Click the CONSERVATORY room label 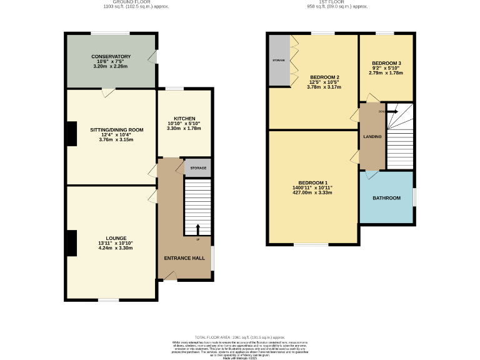click(x=111, y=56)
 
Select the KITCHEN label click(x=184, y=118)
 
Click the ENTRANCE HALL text click(x=184, y=257)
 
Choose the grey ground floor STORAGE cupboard click(x=198, y=167)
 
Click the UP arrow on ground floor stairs click(x=198, y=229)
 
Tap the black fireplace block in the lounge click(x=71, y=243)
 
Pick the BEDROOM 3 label click(x=386, y=63)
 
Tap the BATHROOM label click(x=386, y=198)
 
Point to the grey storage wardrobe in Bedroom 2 click(x=279, y=60)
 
